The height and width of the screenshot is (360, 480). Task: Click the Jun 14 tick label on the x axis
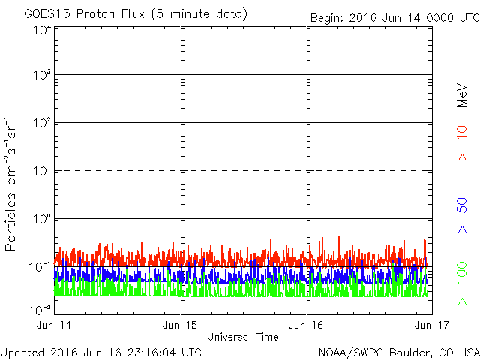tap(54, 325)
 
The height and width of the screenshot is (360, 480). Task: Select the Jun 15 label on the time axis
tap(180, 325)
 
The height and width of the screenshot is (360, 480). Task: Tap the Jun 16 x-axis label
tap(306, 325)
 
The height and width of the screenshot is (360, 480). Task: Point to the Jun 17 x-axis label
tap(432, 325)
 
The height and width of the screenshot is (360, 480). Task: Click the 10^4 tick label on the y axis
tap(42, 30)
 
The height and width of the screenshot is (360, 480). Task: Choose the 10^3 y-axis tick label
tap(42, 75)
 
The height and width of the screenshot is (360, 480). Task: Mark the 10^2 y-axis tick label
tap(42, 123)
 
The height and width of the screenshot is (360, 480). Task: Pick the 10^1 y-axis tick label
tap(42, 171)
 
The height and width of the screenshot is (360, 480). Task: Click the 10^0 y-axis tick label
tap(42, 219)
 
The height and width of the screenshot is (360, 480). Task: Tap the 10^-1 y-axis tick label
tap(40, 267)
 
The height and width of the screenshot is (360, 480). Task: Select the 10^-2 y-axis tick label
tap(40, 310)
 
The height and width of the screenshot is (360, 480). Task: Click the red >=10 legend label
tap(462, 143)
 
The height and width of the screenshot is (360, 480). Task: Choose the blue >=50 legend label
tap(462, 215)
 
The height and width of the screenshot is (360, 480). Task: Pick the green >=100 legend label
tap(462, 283)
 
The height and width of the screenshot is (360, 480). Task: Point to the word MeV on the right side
tap(462, 95)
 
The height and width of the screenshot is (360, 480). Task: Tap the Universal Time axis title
tap(243, 337)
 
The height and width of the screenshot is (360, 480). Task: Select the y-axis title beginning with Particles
tap(10, 184)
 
